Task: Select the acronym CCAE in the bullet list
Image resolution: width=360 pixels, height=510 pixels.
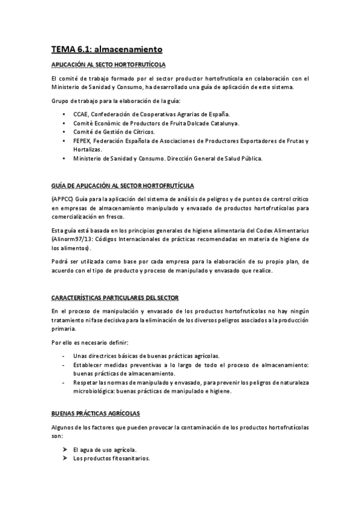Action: point(82,114)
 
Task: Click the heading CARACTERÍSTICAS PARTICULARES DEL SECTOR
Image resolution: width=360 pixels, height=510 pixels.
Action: point(114,298)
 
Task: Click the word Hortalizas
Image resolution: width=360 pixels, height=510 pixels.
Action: point(87,149)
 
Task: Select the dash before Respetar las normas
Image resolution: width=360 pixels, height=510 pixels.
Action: point(64,382)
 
